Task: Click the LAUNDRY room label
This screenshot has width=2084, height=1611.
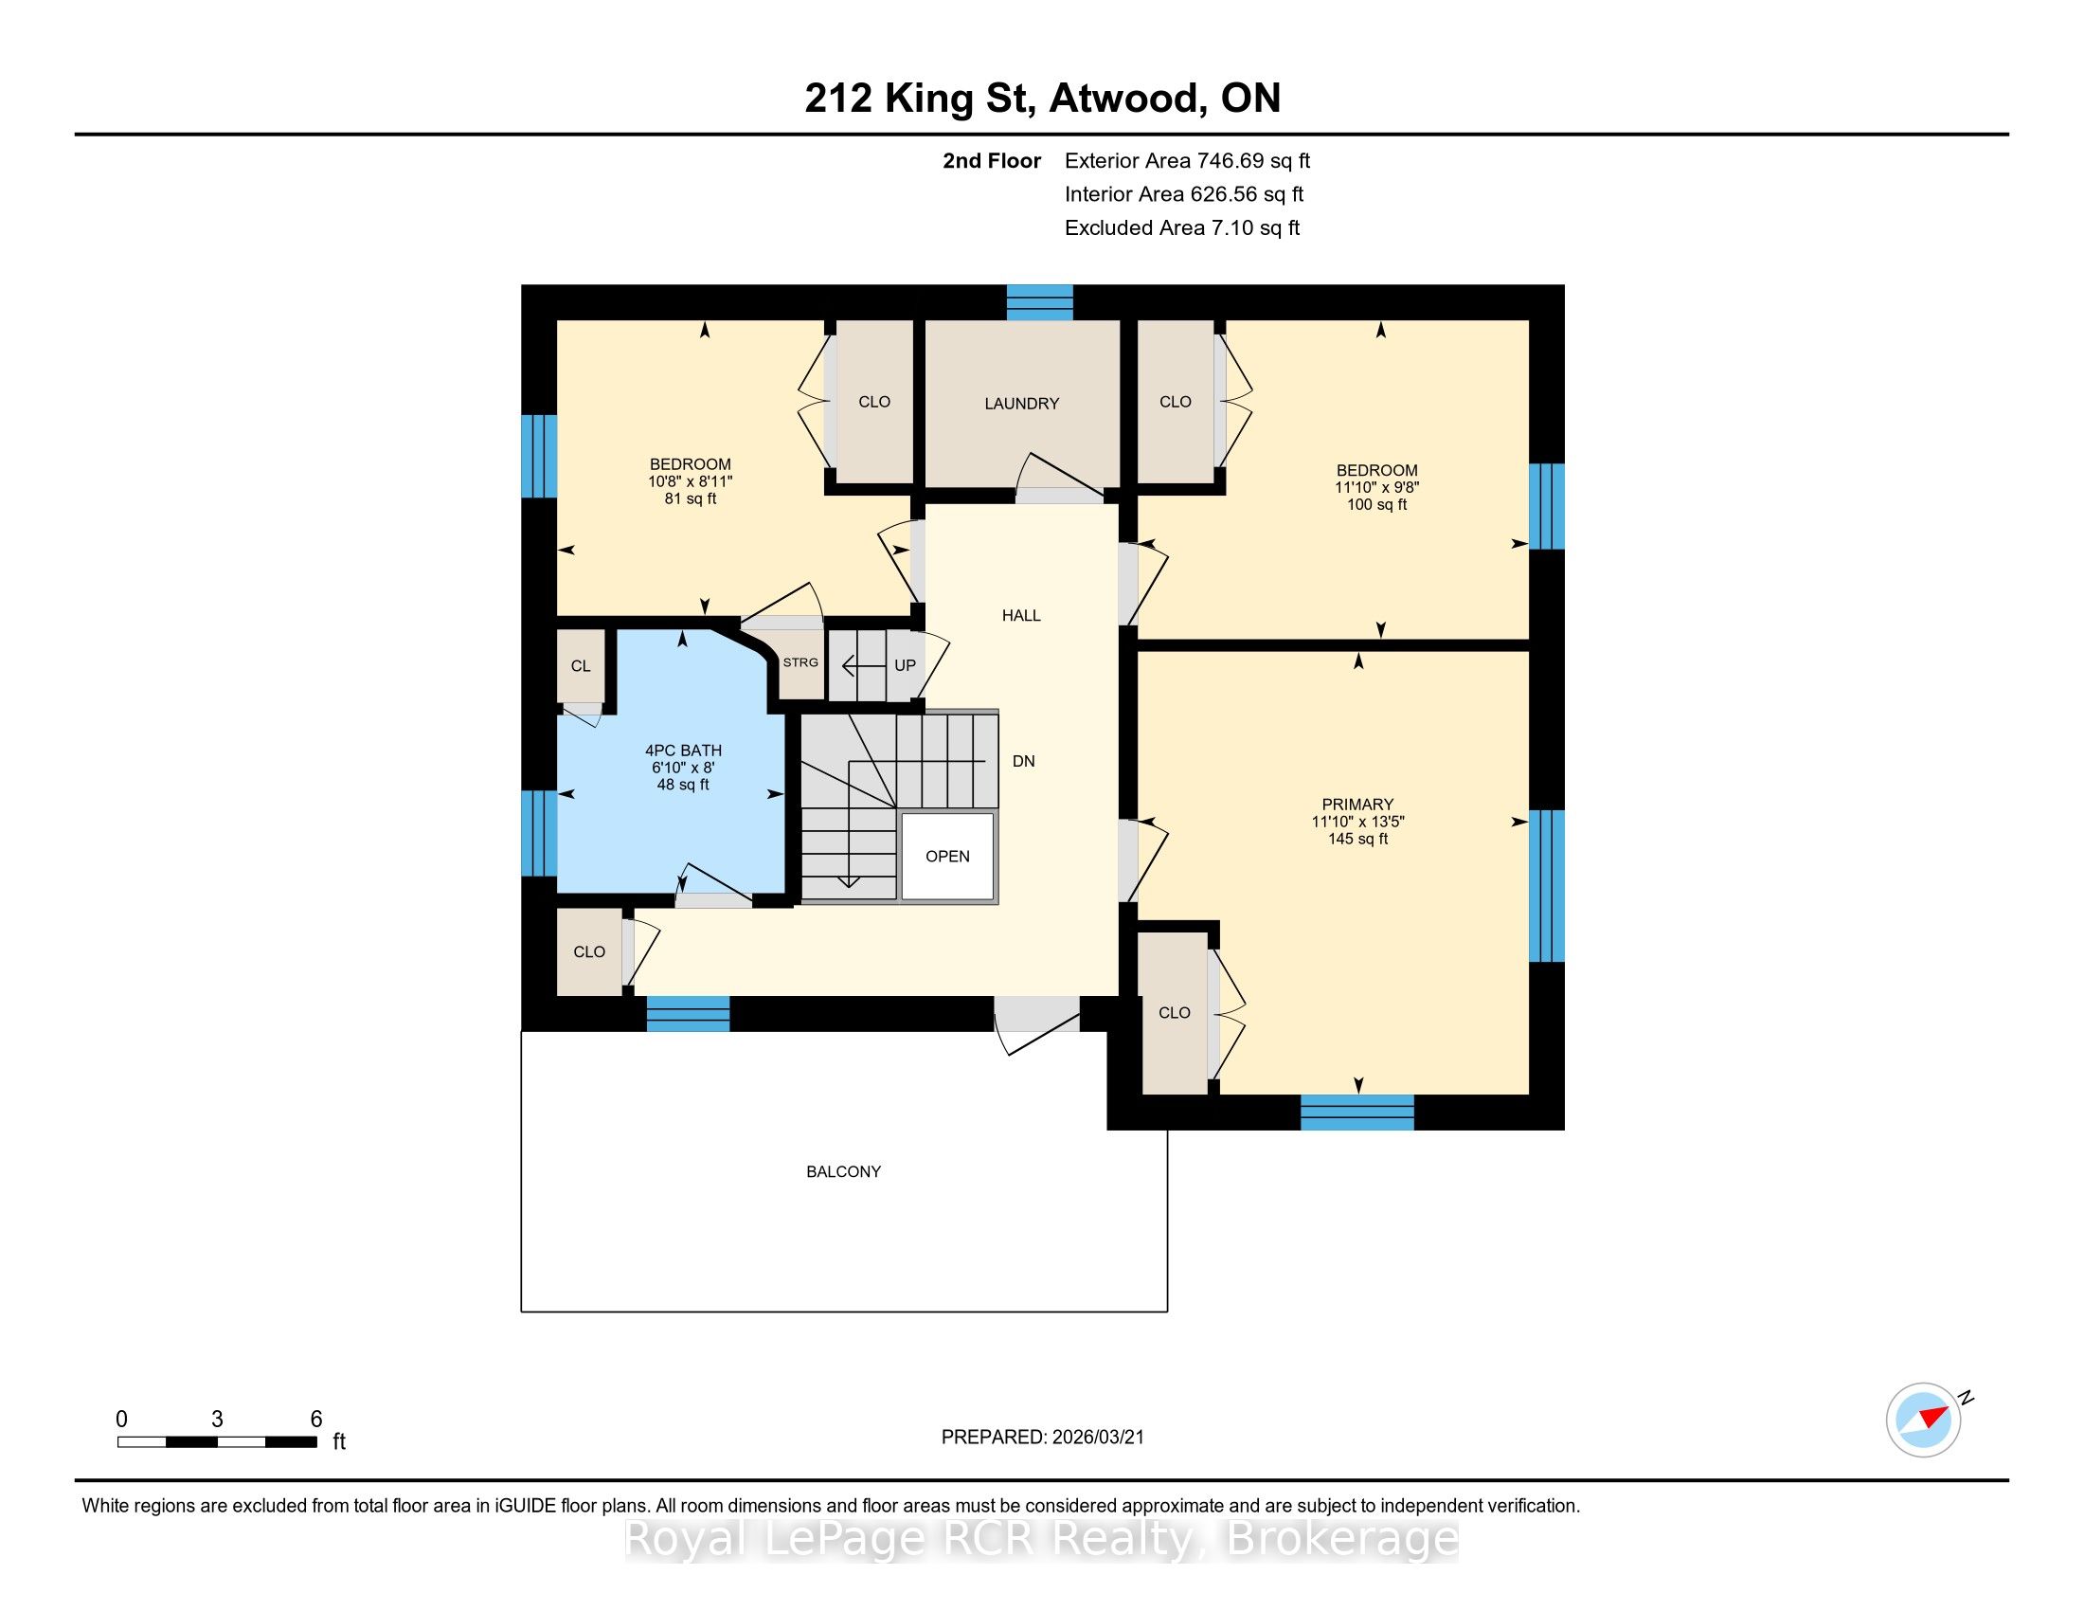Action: (x=1022, y=404)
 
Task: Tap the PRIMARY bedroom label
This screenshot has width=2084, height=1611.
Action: (x=1356, y=805)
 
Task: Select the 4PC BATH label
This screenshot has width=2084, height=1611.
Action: (x=683, y=751)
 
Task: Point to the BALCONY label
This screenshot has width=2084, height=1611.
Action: (x=843, y=1172)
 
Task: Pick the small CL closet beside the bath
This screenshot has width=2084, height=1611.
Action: (x=581, y=666)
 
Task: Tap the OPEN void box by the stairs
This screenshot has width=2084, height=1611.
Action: (x=947, y=856)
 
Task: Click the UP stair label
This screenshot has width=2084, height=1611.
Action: (x=905, y=665)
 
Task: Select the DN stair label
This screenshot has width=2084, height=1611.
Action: (x=1024, y=762)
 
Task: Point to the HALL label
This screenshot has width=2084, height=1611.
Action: (x=1021, y=616)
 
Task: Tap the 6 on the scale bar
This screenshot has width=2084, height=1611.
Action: (x=315, y=1420)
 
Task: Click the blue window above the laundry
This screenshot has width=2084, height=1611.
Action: (x=1040, y=302)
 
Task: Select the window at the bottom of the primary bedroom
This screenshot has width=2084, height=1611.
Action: (x=1356, y=1113)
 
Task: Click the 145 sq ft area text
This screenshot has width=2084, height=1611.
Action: (x=1356, y=839)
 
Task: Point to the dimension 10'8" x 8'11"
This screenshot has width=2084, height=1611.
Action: (x=690, y=482)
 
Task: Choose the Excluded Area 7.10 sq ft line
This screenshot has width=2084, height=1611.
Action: (x=1182, y=228)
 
